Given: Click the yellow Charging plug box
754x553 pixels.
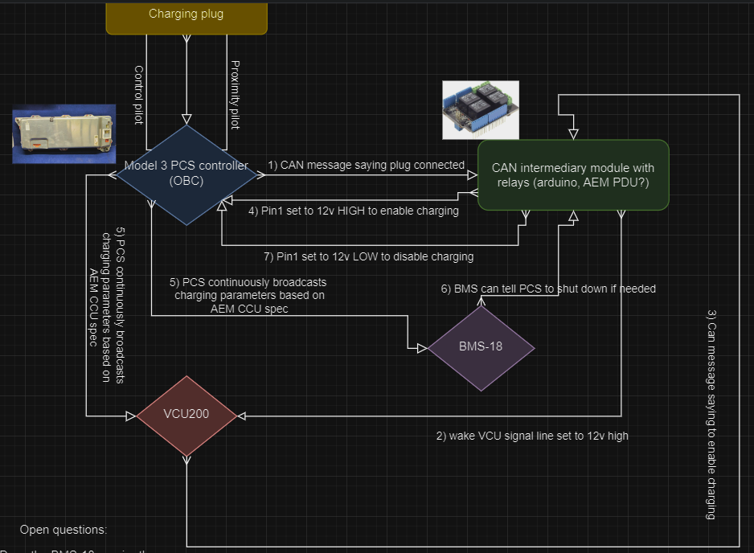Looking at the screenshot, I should pos(186,16).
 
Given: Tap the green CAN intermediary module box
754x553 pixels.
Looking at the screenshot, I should pos(573,174).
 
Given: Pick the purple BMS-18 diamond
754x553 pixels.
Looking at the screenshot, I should pos(481,348).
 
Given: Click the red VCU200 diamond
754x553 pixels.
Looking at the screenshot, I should pos(186,416).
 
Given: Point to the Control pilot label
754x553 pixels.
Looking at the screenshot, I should pos(137,96).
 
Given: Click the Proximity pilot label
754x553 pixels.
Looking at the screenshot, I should pos(235,94).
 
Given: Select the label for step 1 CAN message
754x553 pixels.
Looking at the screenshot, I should pos(366,166).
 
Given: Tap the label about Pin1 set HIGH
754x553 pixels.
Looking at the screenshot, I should pos(353,211).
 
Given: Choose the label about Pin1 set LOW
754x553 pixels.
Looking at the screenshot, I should pos(369,256).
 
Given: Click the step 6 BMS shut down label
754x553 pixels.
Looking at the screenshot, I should pos(548,289).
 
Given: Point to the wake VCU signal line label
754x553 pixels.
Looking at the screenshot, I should pos(532,436).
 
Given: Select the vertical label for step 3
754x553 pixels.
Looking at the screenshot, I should pos(711,415).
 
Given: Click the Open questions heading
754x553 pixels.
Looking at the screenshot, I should pos(63,530).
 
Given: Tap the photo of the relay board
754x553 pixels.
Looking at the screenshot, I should pos(481,109).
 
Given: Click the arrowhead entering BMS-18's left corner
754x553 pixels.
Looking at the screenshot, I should pos(422,348).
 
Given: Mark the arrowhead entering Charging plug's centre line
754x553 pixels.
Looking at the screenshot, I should pos(186,118).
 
